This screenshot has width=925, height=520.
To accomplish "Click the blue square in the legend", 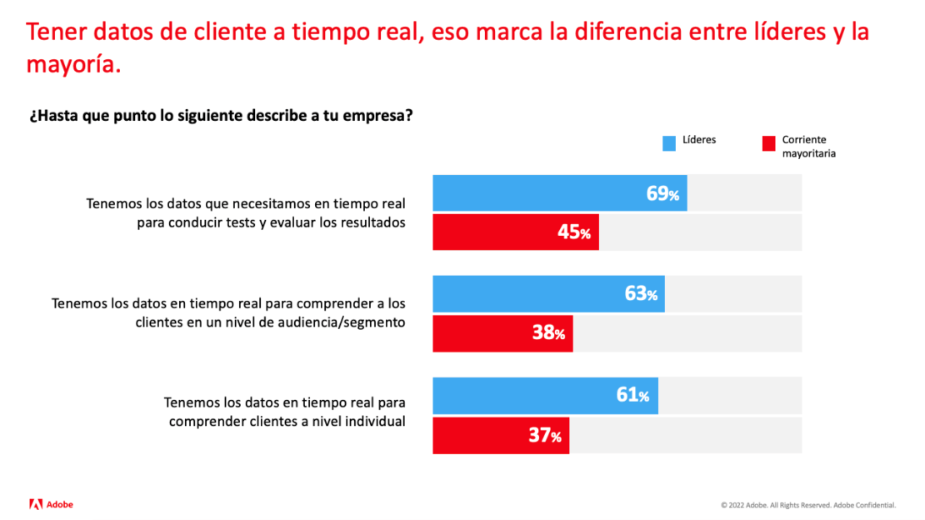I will (x=669, y=144).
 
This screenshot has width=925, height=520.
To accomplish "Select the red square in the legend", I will (x=768, y=144).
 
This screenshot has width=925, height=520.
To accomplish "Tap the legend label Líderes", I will (x=699, y=140).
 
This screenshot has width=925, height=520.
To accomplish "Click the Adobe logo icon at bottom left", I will (x=36, y=504).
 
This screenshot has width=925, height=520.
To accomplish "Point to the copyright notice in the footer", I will (x=808, y=505).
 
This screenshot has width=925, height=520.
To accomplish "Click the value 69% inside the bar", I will (x=662, y=193).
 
